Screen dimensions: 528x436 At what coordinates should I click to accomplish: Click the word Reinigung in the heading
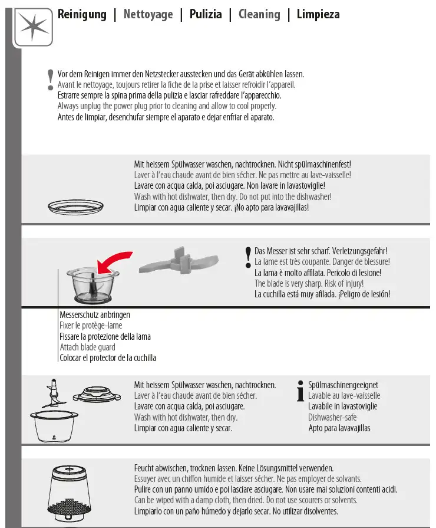point(82,14)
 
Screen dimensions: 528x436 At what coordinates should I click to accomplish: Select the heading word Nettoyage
point(148,14)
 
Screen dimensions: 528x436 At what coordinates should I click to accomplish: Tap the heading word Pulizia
point(206,14)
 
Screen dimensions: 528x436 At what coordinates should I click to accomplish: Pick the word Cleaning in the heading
point(259,14)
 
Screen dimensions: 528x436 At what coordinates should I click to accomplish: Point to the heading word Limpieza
point(318,14)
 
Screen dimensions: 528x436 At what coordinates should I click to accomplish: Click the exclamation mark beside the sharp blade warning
point(248,257)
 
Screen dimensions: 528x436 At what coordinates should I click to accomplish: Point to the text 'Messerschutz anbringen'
point(95,315)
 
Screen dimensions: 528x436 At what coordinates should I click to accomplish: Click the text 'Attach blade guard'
point(88,347)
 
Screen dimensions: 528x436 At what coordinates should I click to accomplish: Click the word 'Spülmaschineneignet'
point(343,385)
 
